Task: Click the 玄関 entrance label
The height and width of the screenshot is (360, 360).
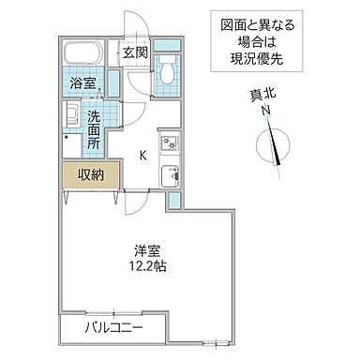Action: (131, 52)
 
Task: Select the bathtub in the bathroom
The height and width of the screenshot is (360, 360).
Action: (86, 57)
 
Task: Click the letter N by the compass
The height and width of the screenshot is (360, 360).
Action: (266, 110)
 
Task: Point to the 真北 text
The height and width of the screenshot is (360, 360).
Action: (267, 93)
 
